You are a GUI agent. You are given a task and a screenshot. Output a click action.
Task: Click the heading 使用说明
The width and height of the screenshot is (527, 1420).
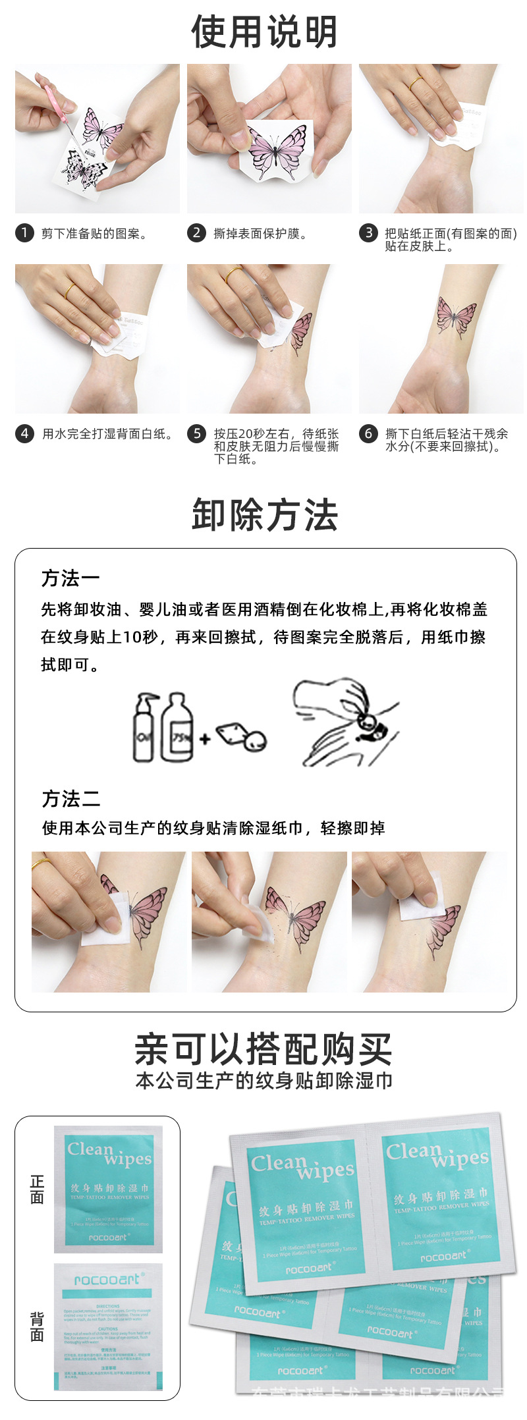[264, 32]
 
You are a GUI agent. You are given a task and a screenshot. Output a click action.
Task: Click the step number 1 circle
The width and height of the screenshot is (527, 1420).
[24, 232]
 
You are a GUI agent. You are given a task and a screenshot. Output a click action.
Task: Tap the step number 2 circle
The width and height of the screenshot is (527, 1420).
[196, 232]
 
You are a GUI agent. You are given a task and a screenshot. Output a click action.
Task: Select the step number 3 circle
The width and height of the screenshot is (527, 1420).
[368, 232]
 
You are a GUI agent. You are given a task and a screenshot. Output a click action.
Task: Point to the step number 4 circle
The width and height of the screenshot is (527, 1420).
[24, 433]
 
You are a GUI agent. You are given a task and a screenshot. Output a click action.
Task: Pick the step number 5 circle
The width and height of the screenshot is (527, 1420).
[196, 433]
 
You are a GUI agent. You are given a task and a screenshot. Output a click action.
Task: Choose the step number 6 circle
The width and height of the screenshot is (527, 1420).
[368, 433]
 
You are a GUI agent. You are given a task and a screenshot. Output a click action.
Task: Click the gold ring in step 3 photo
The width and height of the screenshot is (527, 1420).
[416, 83]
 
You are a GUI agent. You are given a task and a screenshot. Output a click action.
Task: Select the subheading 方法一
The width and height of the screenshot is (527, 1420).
[70, 578]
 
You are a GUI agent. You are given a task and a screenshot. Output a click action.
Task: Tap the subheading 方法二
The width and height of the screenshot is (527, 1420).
[70, 799]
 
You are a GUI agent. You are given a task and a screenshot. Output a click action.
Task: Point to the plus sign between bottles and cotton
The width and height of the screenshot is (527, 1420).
[205, 738]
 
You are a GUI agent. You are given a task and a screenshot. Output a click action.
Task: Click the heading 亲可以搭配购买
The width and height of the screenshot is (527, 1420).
[263, 1049]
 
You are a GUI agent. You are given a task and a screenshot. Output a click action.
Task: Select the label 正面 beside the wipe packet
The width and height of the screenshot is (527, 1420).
[37, 1189]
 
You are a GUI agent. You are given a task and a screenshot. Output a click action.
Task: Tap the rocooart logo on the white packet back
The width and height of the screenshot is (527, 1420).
[107, 1279]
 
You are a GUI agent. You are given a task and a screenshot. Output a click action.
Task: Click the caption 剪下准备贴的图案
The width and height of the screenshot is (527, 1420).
[94, 233]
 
